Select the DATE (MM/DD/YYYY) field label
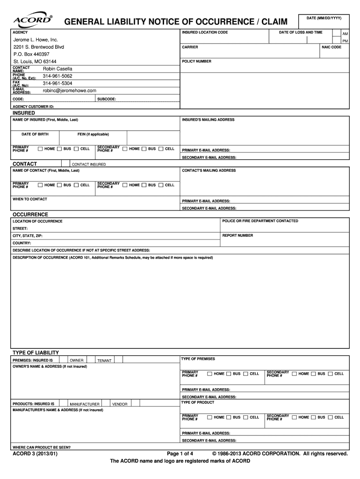[x=324, y=18]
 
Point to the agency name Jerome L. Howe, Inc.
[x=36, y=40]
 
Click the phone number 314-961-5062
[x=58, y=76]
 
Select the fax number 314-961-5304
[x=58, y=83]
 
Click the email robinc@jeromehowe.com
[x=70, y=91]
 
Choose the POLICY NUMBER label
[x=196, y=61]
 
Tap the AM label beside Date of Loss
[x=345, y=35]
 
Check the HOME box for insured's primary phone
[x=41, y=149]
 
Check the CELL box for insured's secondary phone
[x=161, y=149]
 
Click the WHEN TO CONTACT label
[x=30, y=199]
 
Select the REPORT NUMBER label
[x=238, y=235]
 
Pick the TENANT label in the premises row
[x=104, y=361]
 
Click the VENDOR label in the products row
[x=120, y=404]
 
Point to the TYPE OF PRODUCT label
[x=198, y=402]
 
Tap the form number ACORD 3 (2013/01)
[x=35, y=454]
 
